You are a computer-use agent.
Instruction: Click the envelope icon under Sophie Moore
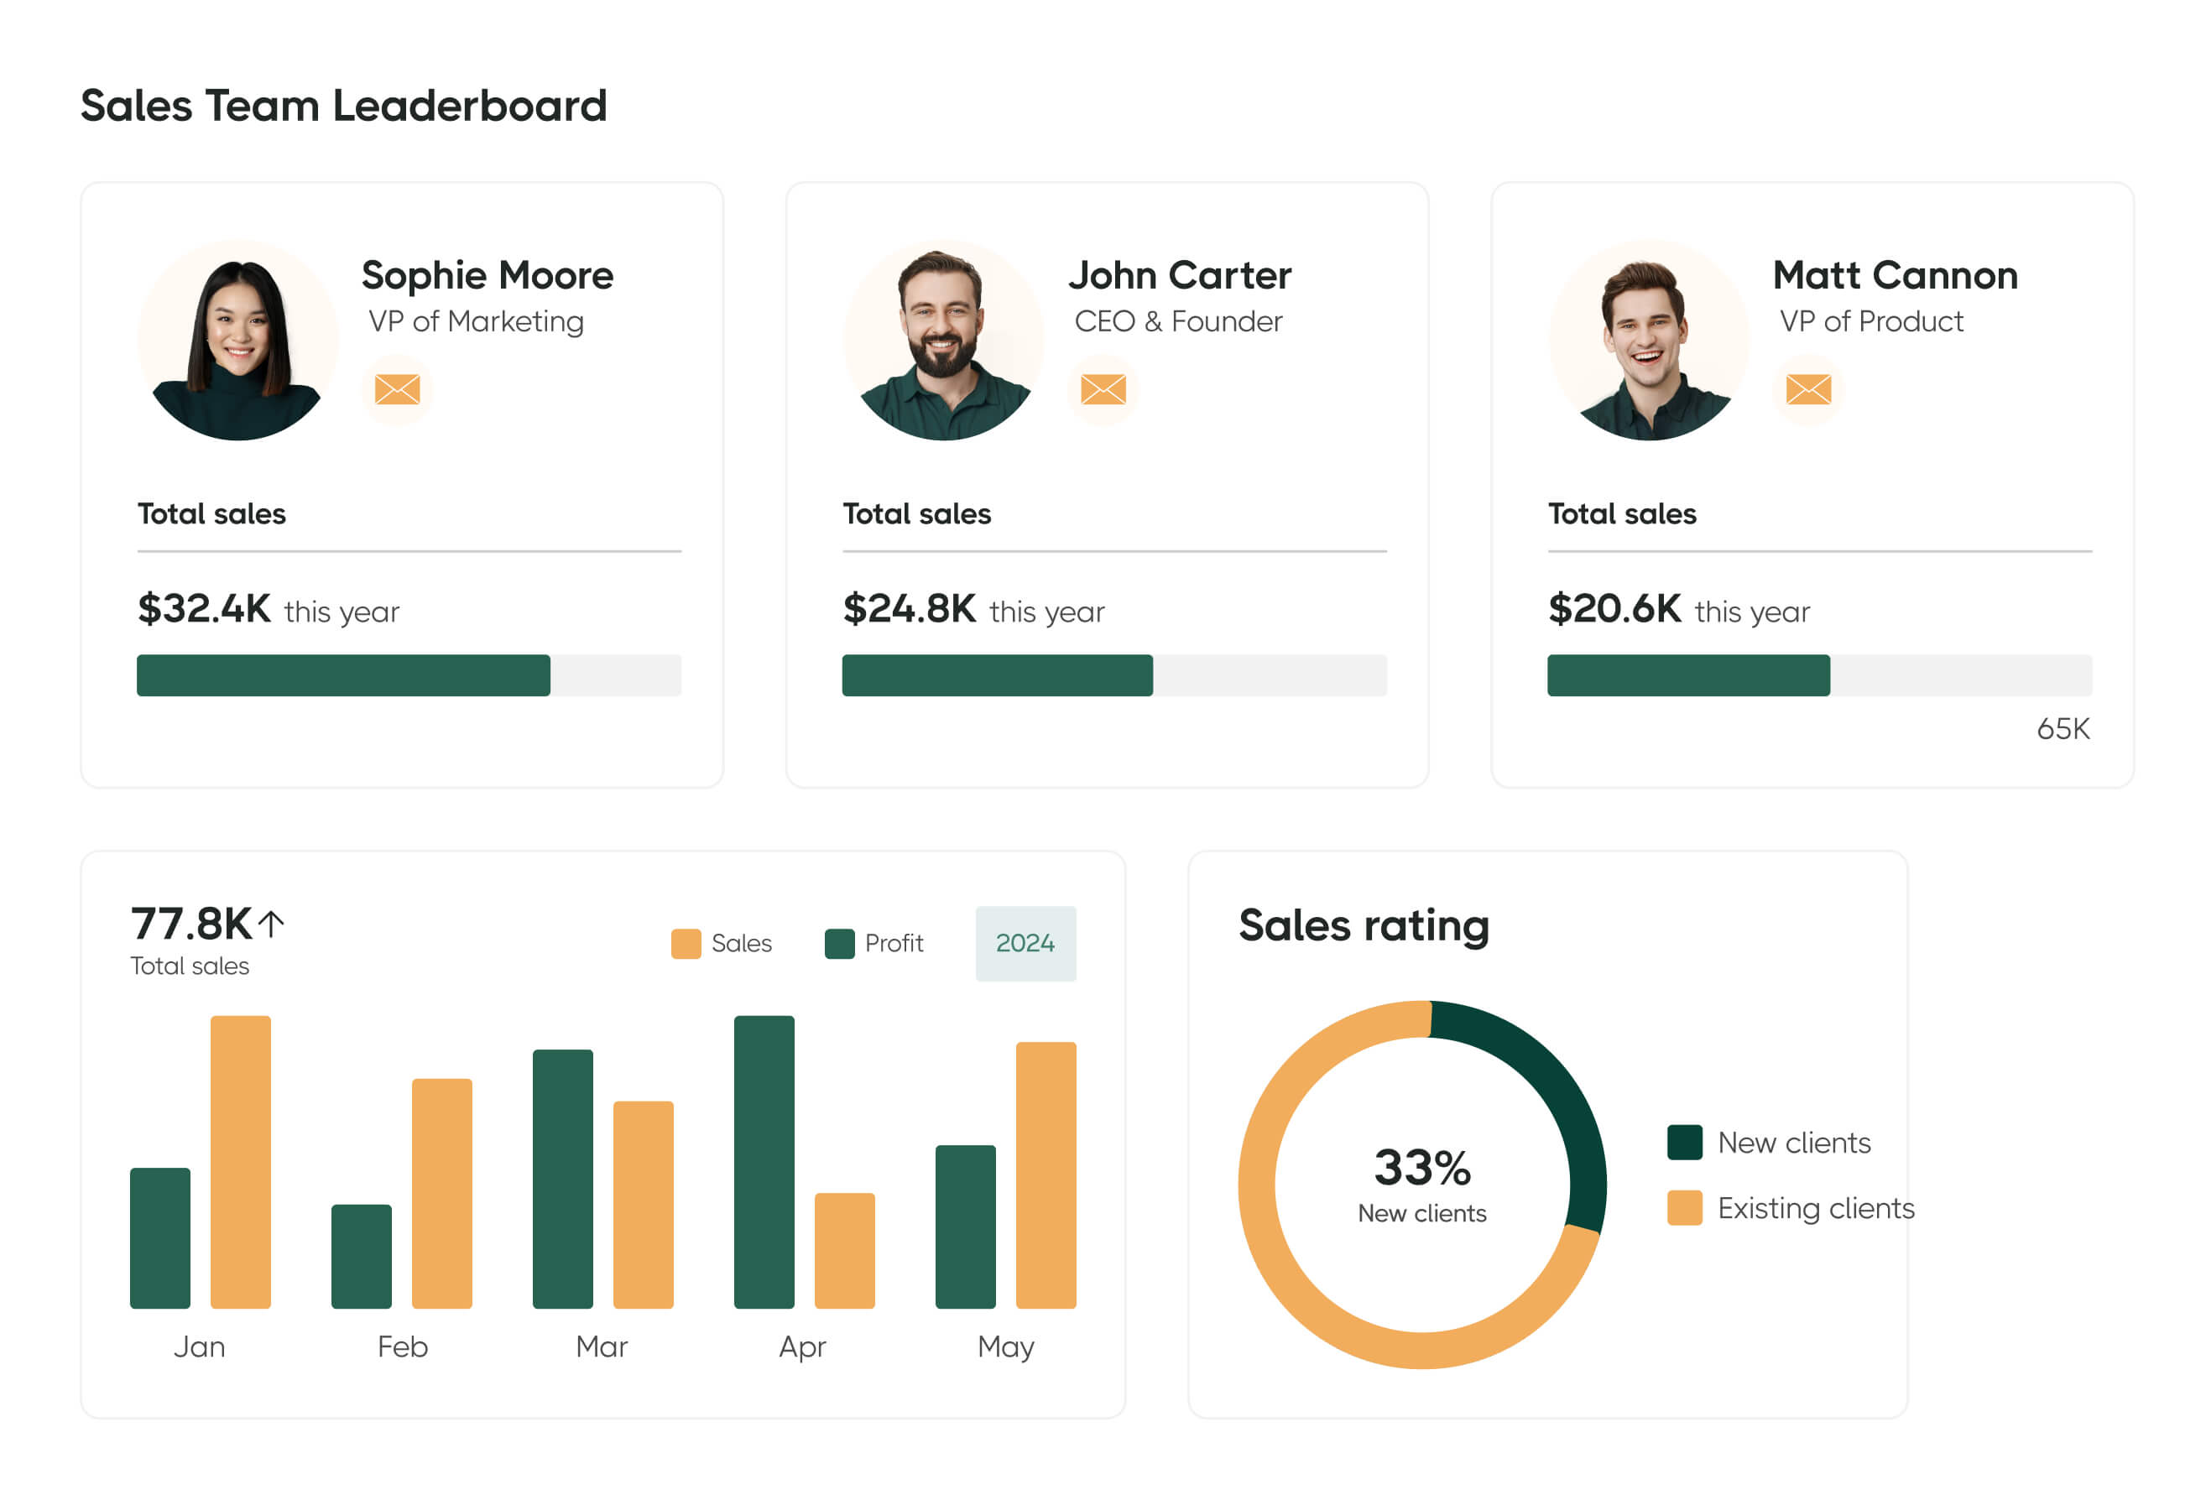click(397, 389)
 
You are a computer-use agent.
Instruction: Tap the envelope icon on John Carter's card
click(1103, 389)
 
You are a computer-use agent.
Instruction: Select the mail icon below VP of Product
click(1808, 389)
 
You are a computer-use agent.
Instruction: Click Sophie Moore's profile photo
click(237, 341)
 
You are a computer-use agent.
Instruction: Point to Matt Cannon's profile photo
click(1649, 341)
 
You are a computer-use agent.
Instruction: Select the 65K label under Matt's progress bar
click(2062, 729)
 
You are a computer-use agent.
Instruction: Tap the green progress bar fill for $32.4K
click(343, 675)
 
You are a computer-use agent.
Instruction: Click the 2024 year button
click(1025, 944)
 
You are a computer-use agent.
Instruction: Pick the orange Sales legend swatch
click(686, 944)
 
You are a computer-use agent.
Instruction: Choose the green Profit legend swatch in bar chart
click(838, 944)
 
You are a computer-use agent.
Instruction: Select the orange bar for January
click(241, 1162)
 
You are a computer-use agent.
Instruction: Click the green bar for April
click(764, 1162)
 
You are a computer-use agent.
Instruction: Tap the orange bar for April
click(844, 1251)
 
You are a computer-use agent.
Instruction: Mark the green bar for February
click(361, 1257)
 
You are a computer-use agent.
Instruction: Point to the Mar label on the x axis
click(602, 1346)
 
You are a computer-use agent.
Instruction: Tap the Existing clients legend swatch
click(1684, 1209)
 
